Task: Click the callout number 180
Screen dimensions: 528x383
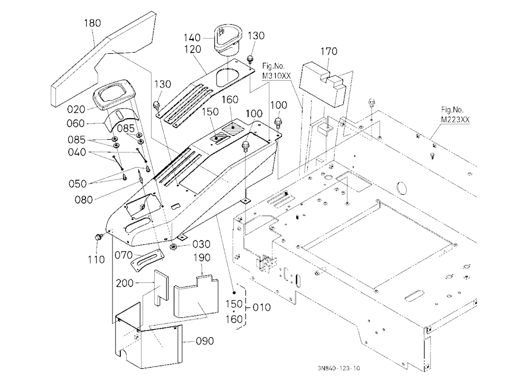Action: coord(92,23)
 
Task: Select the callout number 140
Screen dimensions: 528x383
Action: coord(192,37)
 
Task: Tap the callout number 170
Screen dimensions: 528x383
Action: coord(328,52)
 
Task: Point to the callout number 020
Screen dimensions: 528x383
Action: coord(76,109)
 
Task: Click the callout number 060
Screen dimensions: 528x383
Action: coord(76,123)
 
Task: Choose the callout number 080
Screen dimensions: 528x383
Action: coord(83,199)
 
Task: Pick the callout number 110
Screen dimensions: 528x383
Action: coord(96,260)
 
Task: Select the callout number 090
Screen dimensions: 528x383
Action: coord(205,341)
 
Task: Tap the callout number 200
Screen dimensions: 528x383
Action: coord(125,283)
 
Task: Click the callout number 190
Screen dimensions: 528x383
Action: coord(202,258)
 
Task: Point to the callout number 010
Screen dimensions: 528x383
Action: coord(261,307)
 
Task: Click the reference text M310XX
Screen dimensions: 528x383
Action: coord(276,76)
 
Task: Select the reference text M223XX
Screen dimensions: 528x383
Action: coord(455,119)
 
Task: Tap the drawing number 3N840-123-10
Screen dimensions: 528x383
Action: coord(338,368)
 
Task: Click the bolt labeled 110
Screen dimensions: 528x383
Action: coord(98,237)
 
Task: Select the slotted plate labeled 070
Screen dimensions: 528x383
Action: coord(145,261)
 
